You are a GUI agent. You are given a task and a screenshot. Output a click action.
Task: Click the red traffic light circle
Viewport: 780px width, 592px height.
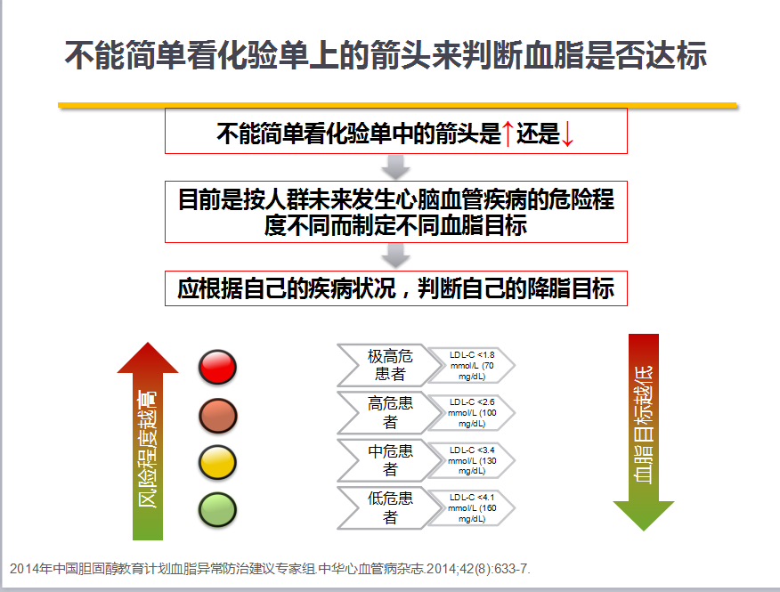[217, 367]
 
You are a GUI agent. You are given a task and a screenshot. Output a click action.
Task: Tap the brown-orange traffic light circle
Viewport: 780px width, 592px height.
[217, 416]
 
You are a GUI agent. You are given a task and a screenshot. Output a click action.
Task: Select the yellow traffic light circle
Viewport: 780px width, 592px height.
[217, 463]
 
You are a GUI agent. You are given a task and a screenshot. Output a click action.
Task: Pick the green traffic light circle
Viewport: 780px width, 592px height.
[217, 510]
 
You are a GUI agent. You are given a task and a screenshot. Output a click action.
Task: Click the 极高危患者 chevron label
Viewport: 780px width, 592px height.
[390, 365]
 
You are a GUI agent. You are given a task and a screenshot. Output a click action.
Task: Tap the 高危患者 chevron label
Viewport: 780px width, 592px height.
[390, 412]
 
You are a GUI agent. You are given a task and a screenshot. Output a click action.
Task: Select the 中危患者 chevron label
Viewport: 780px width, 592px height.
[390, 460]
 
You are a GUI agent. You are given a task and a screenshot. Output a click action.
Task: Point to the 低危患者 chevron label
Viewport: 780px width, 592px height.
[390, 508]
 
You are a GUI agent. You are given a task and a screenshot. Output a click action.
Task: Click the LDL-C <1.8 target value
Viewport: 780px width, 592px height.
[472, 366]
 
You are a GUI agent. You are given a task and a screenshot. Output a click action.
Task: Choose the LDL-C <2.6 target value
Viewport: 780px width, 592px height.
[472, 413]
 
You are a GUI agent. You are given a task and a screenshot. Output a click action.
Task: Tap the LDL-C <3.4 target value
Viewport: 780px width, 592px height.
[472, 460]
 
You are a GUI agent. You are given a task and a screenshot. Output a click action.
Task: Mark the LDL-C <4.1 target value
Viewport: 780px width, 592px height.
[472, 508]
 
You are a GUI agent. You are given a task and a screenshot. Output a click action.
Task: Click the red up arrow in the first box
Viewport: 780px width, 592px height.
[508, 134]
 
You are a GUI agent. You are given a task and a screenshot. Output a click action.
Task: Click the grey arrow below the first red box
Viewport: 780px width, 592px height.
[395, 167]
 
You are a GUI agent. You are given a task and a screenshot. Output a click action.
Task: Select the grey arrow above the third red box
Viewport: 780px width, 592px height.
[395, 255]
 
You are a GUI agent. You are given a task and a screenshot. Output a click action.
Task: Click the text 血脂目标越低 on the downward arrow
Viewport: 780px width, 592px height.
[643, 425]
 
